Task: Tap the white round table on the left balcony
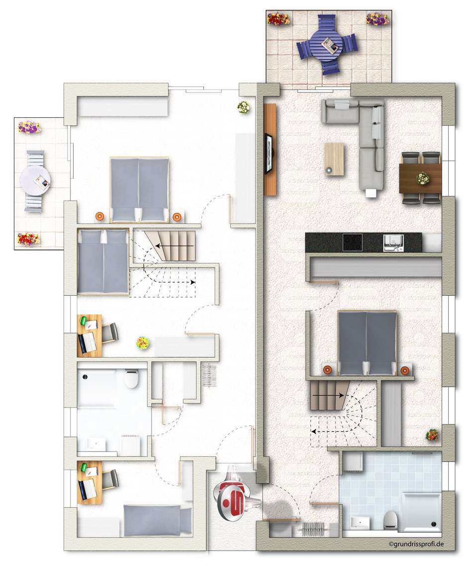[x=35, y=181]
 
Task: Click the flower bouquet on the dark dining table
[x=422, y=179]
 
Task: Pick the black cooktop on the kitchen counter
[x=352, y=243]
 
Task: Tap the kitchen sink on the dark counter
[x=393, y=243]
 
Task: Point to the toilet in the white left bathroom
[x=131, y=378]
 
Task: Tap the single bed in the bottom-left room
[x=157, y=521]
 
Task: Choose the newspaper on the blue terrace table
[x=331, y=45]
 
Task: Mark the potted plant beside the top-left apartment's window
[x=244, y=107]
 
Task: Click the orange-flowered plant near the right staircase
[x=432, y=435]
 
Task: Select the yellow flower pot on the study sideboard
[x=143, y=343]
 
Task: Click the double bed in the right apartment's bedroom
[x=367, y=343]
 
